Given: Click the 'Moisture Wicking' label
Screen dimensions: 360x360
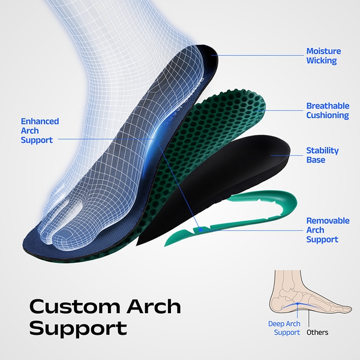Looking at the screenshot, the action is click(x=323, y=56).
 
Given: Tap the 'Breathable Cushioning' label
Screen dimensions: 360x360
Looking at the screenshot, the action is click(x=328, y=110).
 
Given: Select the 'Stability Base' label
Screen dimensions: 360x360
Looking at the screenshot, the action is click(x=322, y=155).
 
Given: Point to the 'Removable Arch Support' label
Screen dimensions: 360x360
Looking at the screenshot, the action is click(x=328, y=230).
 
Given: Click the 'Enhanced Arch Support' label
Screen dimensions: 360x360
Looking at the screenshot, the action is click(x=40, y=130).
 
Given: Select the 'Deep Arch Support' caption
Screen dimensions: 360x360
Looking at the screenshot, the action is click(x=284, y=328).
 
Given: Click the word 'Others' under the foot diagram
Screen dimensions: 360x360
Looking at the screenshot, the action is click(x=317, y=332).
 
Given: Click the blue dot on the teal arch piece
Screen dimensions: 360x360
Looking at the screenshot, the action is click(x=200, y=229).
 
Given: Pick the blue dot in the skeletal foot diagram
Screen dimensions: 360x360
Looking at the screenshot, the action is click(x=298, y=304).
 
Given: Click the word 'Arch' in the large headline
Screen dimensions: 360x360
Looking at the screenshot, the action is click(x=154, y=307).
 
